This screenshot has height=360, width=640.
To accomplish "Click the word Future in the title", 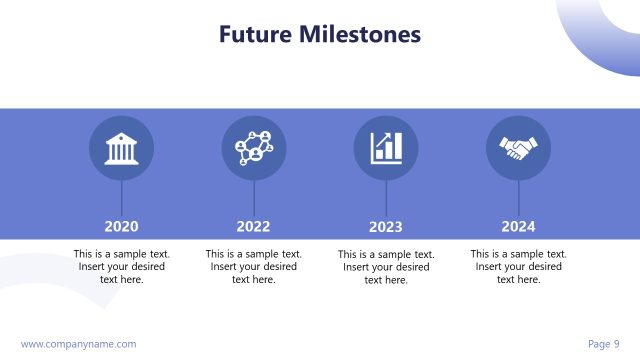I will [x=254, y=35].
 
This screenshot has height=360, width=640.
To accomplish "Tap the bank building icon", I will [x=121, y=148].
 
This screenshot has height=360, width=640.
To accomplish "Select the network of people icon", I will [x=253, y=148].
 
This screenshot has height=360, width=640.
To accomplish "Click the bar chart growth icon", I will [x=386, y=148].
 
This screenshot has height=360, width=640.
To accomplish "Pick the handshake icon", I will [x=518, y=148].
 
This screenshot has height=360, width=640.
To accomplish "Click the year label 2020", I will [x=121, y=226].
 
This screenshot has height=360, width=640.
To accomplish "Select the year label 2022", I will [x=253, y=226].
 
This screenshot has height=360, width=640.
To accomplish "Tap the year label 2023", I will [x=386, y=226].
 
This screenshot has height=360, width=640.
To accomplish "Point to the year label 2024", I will [x=518, y=226].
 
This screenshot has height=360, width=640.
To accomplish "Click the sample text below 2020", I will [x=121, y=267].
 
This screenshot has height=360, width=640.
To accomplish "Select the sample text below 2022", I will [x=253, y=267].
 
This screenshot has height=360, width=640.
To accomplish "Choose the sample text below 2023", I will [x=386, y=267].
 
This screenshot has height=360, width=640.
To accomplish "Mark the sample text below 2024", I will [x=518, y=267].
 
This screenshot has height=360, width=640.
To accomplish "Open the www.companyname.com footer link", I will [x=78, y=344].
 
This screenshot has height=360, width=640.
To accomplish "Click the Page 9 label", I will [x=604, y=344].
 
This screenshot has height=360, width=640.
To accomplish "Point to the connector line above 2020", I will [x=121, y=197].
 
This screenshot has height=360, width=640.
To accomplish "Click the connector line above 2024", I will [x=518, y=197].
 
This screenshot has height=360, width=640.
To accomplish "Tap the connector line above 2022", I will [x=253, y=197].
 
